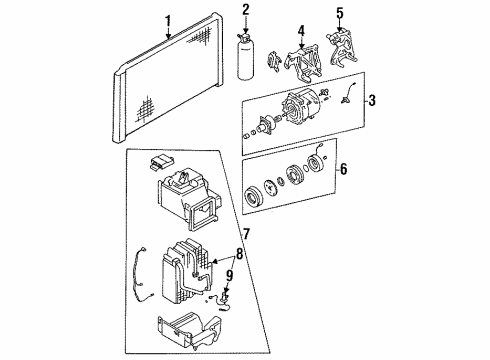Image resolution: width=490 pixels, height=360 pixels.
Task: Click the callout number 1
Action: coord(169,20)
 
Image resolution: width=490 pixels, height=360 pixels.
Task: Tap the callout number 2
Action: coord(245,10)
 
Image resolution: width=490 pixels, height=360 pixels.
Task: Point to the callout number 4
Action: coord(298,43)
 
